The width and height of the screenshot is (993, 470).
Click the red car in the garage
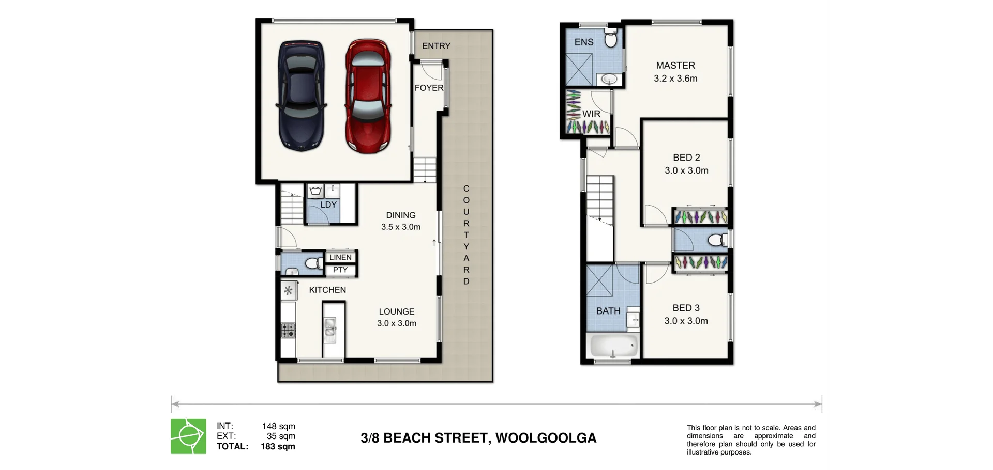pyautogui.click(x=367, y=97)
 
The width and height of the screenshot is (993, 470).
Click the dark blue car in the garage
pyautogui.click(x=302, y=97)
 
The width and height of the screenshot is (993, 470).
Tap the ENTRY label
pyautogui.click(x=436, y=46)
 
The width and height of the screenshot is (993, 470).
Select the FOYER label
pyautogui.click(x=429, y=88)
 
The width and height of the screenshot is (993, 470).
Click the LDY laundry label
pyautogui.click(x=328, y=205)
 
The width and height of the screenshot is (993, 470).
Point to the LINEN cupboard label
pyautogui.click(x=340, y=257)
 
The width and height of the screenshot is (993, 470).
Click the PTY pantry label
pyautogui.click(x=340, y=270)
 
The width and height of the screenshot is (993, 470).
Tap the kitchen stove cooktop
pyautogui.click(x=288, y=330)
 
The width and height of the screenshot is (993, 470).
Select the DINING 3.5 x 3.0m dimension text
pyautogui.click(x=401, y=227)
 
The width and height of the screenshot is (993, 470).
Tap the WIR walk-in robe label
pyautogui.click(x=591, y=114)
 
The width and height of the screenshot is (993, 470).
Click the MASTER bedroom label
pyautogui.click(x=675, y=66)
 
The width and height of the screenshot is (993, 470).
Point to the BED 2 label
pyautogui.click(x=686, y=158)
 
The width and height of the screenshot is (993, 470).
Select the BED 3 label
pyautogui.click(x=686, y=308)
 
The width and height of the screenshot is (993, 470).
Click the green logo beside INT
pyautogui.click(x=188, y=436)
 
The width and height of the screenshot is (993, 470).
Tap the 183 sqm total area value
pyautogui.click(x=278, y=446)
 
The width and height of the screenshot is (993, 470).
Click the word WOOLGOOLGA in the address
pyautogui.click(x=546, y=438)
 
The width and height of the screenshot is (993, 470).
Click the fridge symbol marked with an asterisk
pyautogui.click(x=288, y=291)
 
